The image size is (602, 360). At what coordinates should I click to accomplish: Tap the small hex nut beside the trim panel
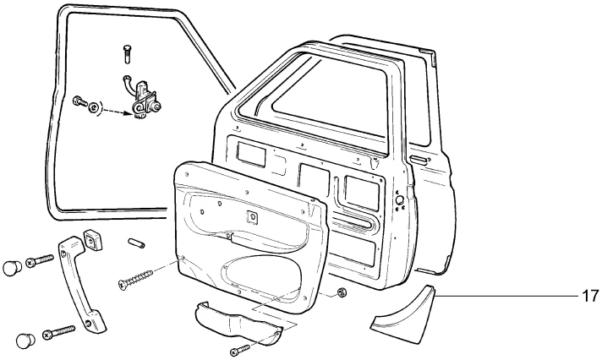(x=342, y=293)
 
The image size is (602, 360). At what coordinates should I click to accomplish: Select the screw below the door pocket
(x=241, y=347)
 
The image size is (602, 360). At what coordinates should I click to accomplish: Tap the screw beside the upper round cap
(x=39, y=262)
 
